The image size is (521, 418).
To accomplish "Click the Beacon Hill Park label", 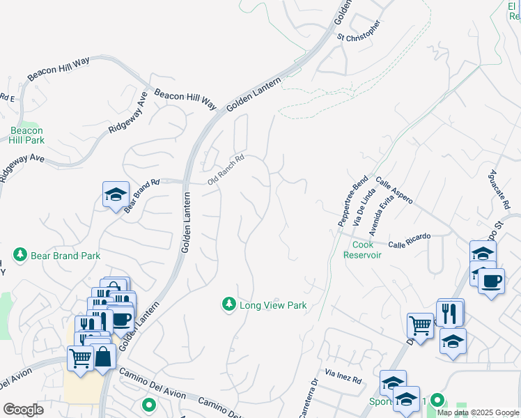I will pyautogui.click(x=27, y=135).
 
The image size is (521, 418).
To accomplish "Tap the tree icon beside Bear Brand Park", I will pyautogui.click(x=20, y=256).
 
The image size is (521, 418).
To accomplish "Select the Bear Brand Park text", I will pyautogui.click(x=66, y=256).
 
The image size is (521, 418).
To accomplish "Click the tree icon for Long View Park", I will pyautogui.click(x=228, y=304).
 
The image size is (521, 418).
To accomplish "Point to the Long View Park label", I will pyautogui.click(x=273, y=305).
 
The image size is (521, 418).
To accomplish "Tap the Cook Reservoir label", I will pyautogui.click(x=362, y=249).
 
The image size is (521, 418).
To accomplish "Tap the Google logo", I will pyautogui.click(x=23, y=410).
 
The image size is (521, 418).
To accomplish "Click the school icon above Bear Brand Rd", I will pyautogui.click(x=116, y=194).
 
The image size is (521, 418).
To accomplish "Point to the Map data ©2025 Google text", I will pyautogui.click(x=478, y=412).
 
